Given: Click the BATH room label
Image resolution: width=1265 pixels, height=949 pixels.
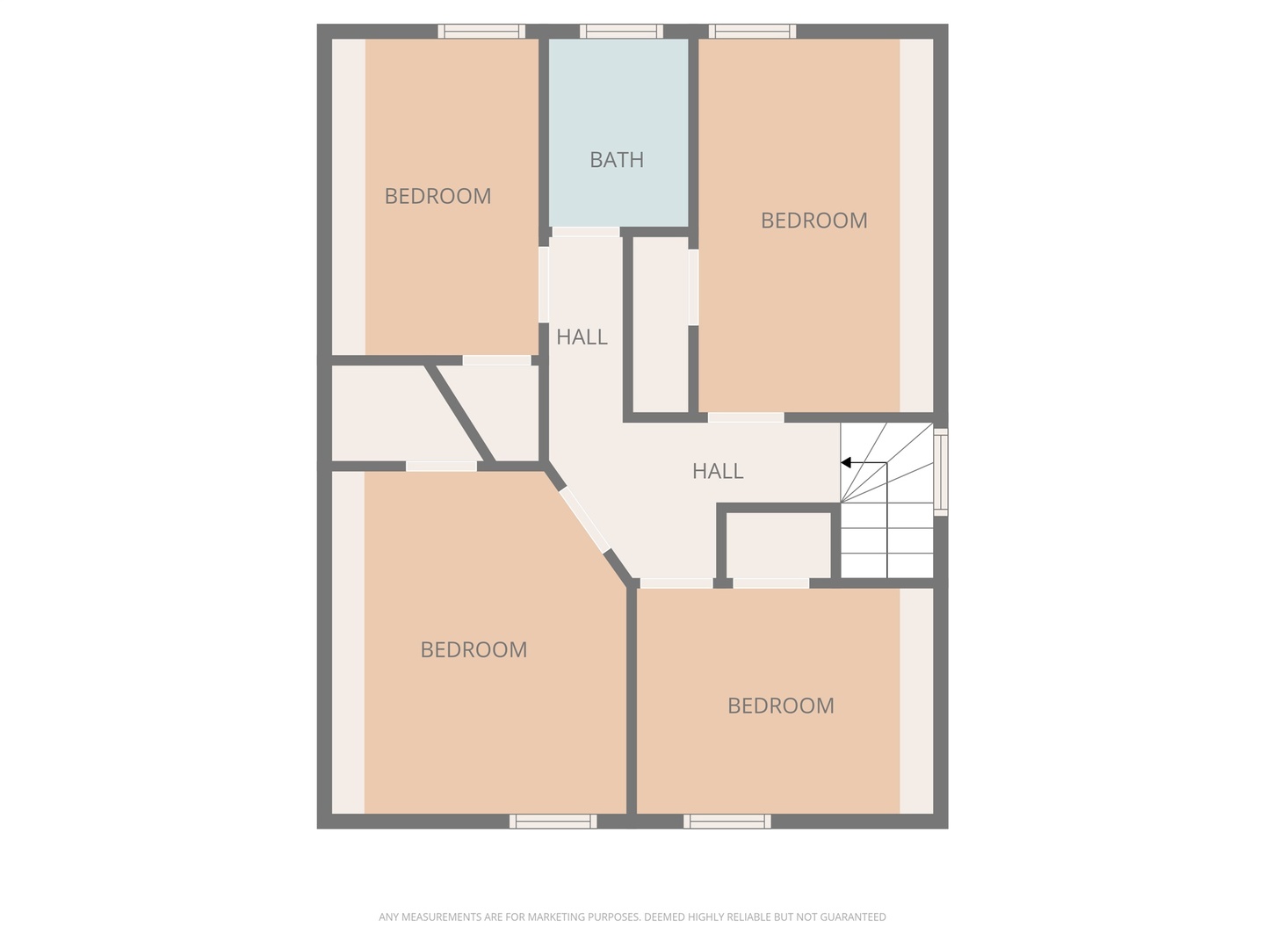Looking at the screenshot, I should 617,160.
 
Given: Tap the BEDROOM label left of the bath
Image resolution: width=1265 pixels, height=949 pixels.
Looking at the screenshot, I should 437,196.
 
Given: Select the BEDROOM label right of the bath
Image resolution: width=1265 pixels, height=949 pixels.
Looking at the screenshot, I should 813,221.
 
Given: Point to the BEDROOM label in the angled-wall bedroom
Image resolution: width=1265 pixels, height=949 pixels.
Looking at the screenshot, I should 473,650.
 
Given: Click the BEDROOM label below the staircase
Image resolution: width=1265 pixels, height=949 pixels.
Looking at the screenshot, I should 781,706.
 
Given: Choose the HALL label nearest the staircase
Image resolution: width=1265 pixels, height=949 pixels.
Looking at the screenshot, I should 718,471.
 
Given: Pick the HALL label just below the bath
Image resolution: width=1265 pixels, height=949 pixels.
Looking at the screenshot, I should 582,337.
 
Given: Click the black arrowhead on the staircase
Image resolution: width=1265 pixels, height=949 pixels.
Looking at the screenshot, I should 846,463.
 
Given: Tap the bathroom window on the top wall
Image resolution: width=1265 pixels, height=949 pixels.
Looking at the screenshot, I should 621,32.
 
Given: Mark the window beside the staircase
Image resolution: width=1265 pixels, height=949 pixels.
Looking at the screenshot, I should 940,471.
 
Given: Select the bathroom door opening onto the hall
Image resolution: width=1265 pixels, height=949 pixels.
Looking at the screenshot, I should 585,232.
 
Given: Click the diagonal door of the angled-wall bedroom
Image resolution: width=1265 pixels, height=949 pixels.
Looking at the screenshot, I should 585,520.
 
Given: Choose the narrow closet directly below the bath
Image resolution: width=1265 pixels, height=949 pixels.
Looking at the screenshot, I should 661,325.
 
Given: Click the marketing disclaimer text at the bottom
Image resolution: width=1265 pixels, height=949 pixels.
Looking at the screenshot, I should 632,917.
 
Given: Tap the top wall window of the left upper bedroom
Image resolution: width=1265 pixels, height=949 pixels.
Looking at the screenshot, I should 481,32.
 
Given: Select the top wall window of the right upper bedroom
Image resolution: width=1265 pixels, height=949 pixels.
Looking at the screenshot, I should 753,32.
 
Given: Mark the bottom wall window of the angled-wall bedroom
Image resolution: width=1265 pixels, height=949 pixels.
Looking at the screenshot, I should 553,822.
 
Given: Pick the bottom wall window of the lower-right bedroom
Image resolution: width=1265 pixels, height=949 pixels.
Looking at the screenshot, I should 727,822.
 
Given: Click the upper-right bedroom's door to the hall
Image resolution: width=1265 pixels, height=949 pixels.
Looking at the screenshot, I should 746,417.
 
